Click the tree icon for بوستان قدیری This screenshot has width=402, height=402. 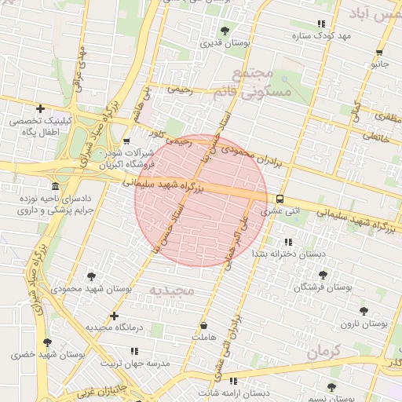point(225,31)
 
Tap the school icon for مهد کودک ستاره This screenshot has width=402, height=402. point(319,24)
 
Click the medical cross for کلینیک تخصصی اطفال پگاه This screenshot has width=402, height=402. point(39,108)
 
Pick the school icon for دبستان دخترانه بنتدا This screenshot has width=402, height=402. point(287,242)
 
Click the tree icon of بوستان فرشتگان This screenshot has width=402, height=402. point(323,275)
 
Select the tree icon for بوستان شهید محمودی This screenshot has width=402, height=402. point(93,276)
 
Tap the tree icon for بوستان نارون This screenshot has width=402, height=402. point(364,311)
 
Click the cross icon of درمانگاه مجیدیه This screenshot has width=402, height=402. point(115,316)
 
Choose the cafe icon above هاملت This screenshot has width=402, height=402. point(204,325)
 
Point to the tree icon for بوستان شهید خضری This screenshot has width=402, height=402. point(48,342)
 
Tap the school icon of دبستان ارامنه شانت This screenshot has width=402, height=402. point(232,381)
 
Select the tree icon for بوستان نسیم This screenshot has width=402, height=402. point(331,387)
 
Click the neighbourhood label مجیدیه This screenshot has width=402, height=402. point(171,291)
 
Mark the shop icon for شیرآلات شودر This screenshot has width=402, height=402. point(127,141)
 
